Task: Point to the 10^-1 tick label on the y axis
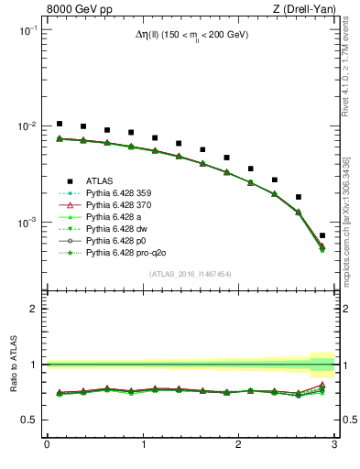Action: click(27, 30)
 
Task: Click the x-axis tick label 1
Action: click(142, 446)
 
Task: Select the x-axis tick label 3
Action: click(334, 446)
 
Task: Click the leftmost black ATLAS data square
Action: click(60, 124)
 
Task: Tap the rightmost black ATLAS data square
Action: click(322, 235)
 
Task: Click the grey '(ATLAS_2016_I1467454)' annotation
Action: click(191, 274)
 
